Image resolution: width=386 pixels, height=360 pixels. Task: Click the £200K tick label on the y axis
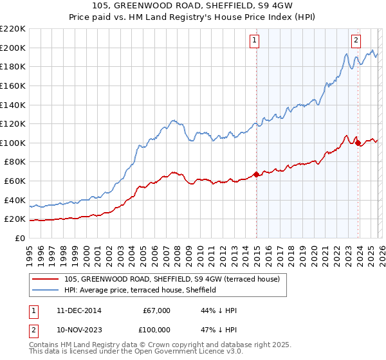(x=12, y=48)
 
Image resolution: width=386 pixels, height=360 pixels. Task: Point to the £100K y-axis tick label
(x=12, y=143)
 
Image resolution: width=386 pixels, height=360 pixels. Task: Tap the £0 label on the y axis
(x=20, y=238)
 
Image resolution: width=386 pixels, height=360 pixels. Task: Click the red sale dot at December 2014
(x=256, y=174)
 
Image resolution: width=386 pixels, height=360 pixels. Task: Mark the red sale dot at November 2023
(x=358, y=143)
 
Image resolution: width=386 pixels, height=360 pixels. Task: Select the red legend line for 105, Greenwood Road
(x=46, y=280)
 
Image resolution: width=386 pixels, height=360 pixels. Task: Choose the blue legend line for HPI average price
(x=46, y=291)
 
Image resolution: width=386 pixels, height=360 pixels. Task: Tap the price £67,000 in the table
(x=156, y=310)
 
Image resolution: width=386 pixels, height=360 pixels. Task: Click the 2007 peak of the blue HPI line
(x=172, y=120)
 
